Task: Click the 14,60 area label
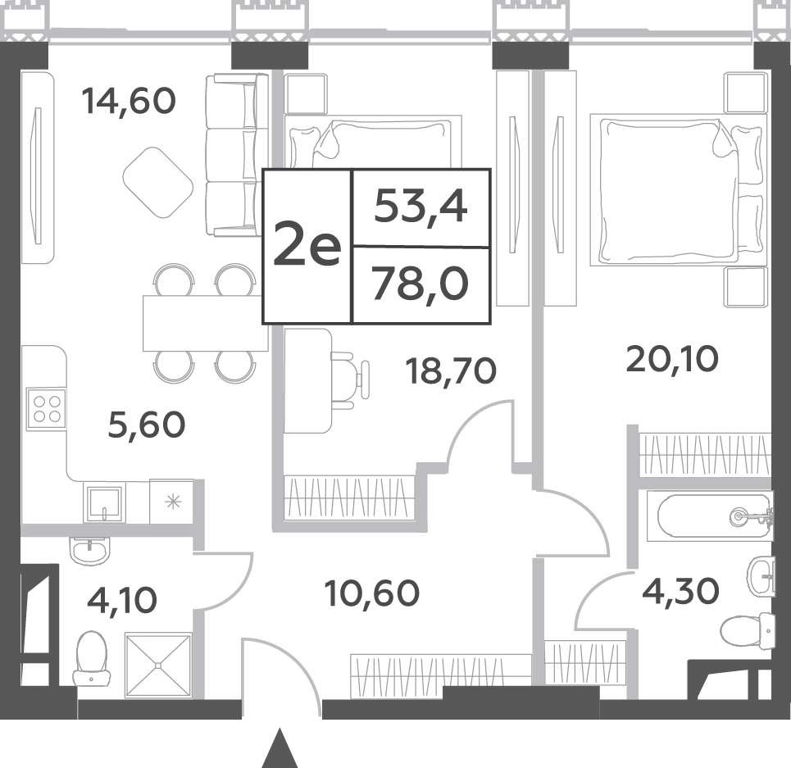[x=129, y=102]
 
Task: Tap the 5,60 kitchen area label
[x=147, y=425]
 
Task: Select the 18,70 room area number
[x=451, y=371]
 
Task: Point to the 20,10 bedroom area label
[x=672, y=359]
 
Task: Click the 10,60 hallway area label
[x=372, y=593]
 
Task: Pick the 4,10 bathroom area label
[x=122, y=600]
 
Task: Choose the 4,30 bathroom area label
[x=680, y=591]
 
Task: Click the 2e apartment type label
[x=307, y=245]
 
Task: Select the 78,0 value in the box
[x=421, y=284]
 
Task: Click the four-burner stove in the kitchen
[x=47, y=409]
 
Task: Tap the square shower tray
[x=158, y=665]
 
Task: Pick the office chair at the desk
[x=350, y=377]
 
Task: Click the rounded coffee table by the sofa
[x=158, y=183]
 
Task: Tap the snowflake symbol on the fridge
[x=173, y=502]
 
